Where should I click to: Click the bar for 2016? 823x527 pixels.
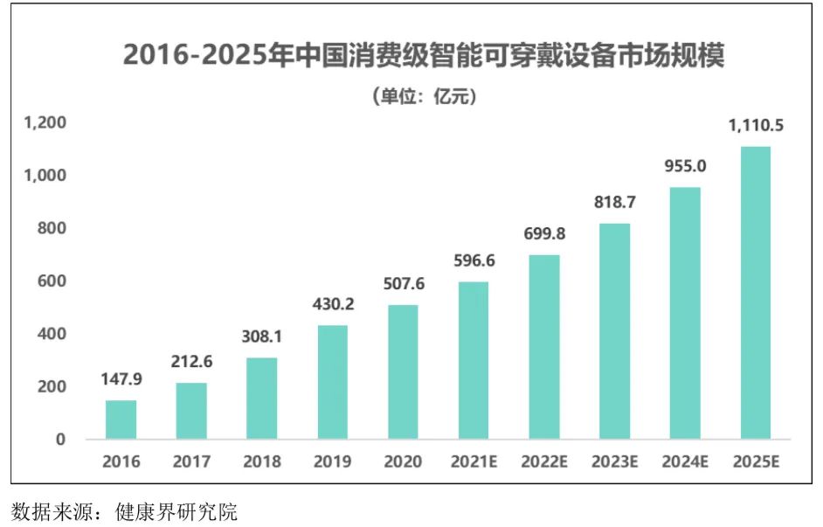[x=121, y=419]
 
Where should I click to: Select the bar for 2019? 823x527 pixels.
[x=332, y=382]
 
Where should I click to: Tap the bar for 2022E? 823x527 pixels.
[x=543, y=346]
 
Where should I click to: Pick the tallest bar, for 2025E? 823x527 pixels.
[x=755, y=292]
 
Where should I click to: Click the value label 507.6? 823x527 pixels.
[x=403, y=284]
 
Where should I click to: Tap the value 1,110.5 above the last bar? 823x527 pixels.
[x=756, y=126]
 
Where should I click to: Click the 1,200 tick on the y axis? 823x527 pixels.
[x=45, y=123]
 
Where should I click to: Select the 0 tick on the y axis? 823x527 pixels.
[x=60, y=440]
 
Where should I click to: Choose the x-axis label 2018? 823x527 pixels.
[x=261, y=461]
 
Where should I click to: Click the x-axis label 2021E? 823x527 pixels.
[x=474, y=461]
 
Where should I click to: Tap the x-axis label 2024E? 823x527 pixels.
[x=685, y=461]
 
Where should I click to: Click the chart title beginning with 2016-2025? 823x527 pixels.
[x=424, y=55]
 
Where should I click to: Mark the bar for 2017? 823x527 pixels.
[x=191, y=410]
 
